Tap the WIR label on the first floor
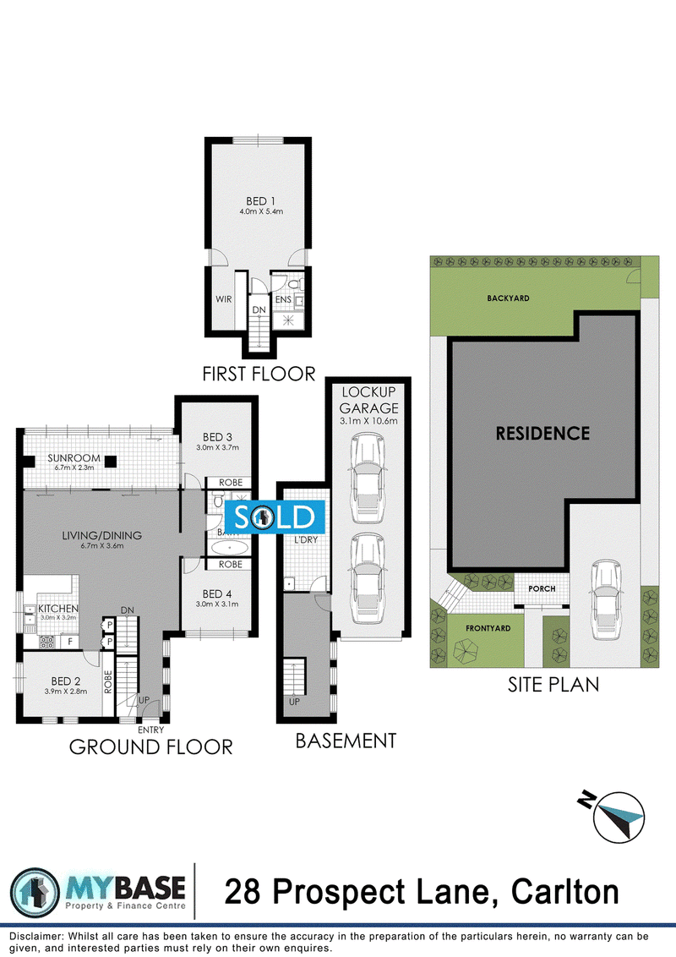pyautogui.click(x=223, y=299)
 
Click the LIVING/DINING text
pyautogui.click(x=101, y=535)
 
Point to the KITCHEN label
pyautogui.click(x=57, y=608)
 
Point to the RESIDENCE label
pyautogui.click(x=542, y=434)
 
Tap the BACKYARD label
pyautogui.click(x=508, y=298)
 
